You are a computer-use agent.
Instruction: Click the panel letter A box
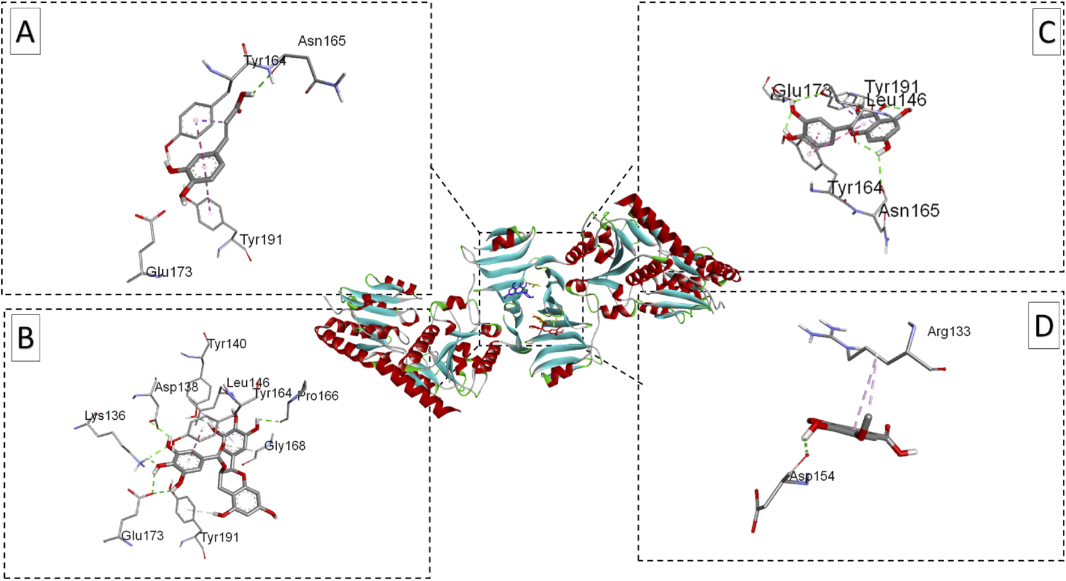(25, 32)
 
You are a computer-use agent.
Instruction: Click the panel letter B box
(25, 337)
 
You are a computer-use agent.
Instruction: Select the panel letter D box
(1043, 325)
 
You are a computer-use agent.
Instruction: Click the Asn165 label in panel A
(322, 41)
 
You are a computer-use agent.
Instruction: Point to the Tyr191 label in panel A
(261, 240)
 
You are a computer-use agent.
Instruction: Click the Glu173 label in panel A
(169, 272)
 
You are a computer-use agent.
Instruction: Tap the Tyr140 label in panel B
(227, 343)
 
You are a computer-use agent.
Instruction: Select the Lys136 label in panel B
(105, 416)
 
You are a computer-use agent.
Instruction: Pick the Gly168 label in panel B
(285, 446)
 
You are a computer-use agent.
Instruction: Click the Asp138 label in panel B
(176, 387)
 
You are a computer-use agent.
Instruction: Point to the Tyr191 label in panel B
(220, 537)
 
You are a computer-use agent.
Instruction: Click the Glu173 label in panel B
(143, 535)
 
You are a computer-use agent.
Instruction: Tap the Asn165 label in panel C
(909, 211)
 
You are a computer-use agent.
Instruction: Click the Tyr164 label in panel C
(855, 188)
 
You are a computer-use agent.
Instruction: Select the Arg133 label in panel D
(949, 331)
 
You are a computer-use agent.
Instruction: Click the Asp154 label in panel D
(812, 476)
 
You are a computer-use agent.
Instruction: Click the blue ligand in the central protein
(517, 291)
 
